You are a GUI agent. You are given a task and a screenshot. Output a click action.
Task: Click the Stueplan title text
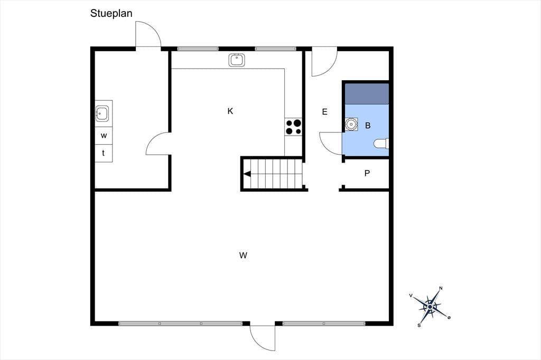tap(111, 13)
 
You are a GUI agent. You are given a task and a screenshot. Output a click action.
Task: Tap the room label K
tap(230, 111)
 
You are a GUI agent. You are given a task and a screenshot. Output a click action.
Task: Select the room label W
tap(243, 255)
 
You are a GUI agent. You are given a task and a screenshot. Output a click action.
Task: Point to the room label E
tap(325, 112)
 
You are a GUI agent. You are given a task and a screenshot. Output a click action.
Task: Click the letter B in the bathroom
tap(368, 126)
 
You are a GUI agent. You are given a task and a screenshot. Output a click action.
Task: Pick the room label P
tap(367, 173)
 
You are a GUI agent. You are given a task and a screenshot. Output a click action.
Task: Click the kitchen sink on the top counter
tap(237, 60)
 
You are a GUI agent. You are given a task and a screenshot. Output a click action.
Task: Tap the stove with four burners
tap(293, 127)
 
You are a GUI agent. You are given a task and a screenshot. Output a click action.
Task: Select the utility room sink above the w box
tap(102, 113)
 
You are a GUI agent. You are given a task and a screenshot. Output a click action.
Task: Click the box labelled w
tap(104, 136)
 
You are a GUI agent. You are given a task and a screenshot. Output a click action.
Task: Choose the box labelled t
tap(104, 153)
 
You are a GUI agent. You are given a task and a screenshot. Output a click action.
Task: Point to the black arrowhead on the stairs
tap(247, 174)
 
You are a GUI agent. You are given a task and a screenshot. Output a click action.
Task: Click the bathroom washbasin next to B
tap(351, 124)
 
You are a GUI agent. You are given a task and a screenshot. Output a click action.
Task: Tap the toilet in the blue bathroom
tap(382, 144)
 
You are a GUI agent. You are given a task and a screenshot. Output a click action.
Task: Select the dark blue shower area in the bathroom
tap(367, 94)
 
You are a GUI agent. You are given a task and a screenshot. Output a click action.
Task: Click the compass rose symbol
tap(431, 306)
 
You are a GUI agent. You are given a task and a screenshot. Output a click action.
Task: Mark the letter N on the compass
tap(441, 288)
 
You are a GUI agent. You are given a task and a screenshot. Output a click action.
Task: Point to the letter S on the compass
tap(419, 325)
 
